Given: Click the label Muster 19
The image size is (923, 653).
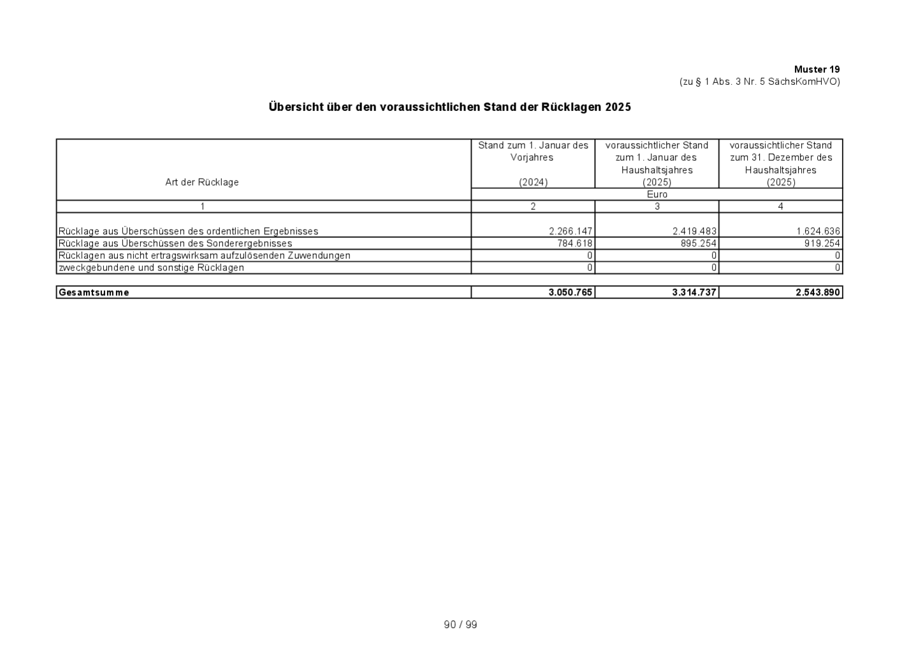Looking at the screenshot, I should click(817, 70).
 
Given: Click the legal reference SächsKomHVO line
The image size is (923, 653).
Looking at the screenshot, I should click(759, 82).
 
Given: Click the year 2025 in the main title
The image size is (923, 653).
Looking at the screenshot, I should click(618, 107).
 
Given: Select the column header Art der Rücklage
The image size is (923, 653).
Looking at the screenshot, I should click(201, 182).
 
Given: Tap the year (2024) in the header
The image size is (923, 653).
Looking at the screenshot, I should click(533, 182).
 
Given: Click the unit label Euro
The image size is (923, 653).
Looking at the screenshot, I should click(657, 194).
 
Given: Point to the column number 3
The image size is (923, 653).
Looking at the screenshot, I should click(657, 207).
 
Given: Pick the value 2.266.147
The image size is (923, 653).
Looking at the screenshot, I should click(571, 231).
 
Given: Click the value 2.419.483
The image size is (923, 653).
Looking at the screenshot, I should click(694, 231).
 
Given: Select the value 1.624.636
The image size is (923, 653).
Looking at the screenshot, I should click(818, 231).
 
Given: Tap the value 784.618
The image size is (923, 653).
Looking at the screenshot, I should click(575, 244).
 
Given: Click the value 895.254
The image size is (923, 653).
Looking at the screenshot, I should click(699, 244).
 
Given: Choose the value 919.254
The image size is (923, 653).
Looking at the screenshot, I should click(822, 244).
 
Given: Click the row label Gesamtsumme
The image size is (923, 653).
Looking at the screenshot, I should click(94, 293).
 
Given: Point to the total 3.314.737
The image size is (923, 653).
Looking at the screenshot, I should click(694, 293).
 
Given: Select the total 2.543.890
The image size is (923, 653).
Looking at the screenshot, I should click(818, 293).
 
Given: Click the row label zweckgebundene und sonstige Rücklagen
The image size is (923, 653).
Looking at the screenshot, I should click(151, 268).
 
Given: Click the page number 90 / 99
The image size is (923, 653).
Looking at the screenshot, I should click(460, 625).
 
